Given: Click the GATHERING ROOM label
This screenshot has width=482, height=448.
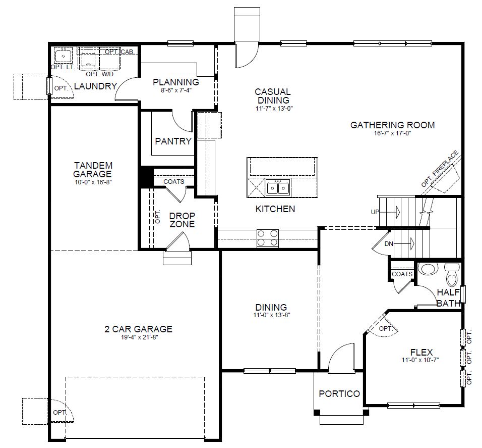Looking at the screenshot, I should (392, 125).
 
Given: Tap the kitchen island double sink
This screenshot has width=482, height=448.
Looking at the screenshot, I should (277, 188).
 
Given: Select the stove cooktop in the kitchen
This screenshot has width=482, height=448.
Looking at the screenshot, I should (268, 238).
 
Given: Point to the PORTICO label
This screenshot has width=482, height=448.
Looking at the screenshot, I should (339, 393).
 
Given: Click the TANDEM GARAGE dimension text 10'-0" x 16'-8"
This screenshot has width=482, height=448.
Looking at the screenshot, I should (93, 182).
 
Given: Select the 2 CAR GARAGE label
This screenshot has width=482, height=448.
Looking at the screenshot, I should (138, 329).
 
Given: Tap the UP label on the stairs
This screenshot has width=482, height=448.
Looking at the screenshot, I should (375, 212).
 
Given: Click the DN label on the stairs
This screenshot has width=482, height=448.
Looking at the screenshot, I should (389, 244).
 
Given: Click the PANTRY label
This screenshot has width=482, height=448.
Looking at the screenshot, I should (173, 141).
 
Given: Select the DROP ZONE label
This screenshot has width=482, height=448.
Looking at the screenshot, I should (182, 220).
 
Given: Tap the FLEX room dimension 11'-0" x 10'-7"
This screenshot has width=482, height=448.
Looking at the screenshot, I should (421, 360).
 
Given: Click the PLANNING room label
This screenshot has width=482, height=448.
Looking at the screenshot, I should (176, 82).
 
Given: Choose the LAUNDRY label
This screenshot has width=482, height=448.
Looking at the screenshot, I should (95, 86).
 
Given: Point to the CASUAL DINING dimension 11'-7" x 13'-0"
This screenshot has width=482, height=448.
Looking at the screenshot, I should (272, 108).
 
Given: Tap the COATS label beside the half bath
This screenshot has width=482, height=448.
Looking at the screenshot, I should (402, 274).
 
